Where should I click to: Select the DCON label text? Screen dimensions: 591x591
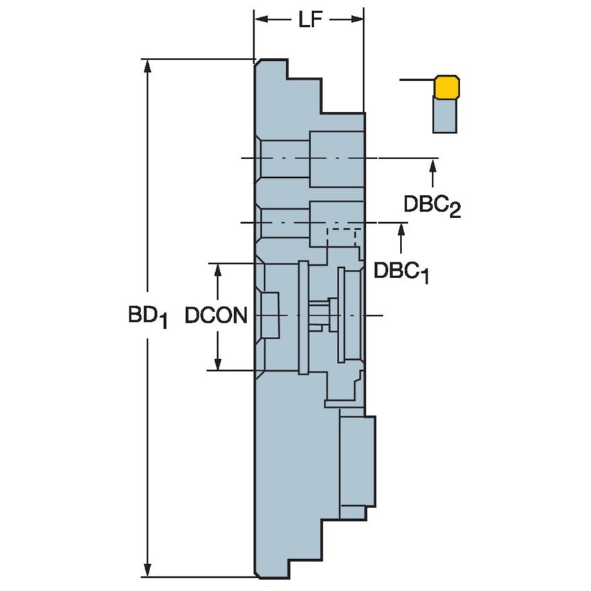tap(216, 316)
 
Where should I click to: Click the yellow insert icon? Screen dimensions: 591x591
tap(447, 87)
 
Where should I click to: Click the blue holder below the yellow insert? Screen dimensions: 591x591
tap(444, 114)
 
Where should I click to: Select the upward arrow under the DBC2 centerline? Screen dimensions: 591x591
tap(433, 166)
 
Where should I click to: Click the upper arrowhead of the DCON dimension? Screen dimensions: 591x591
tap(218, 271)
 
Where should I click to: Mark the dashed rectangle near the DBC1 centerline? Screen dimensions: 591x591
tap(342, 237)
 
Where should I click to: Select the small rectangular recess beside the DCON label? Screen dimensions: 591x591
tap(270, 316)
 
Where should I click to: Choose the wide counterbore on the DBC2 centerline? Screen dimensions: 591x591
tap(336, 158)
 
